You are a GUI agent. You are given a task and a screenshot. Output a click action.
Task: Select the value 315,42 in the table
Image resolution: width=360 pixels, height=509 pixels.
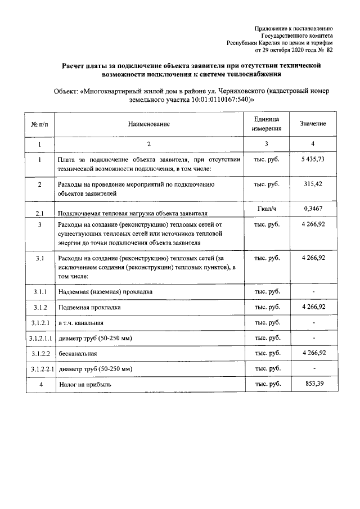click(x=313, y=184)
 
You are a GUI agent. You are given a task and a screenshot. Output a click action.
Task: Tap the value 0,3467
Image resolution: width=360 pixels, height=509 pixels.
click(x=313, y=209)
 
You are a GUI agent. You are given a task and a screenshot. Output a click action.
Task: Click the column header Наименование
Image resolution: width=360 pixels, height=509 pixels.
click(x=148, y=124)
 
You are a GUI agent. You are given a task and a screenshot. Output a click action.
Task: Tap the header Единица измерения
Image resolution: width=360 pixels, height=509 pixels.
click(x=267, y=124)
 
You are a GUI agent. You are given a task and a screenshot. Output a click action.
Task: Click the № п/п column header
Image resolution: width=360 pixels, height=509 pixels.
click(x=39, y=124)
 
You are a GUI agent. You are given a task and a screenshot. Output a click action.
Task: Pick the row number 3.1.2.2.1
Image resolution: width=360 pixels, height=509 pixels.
click(x=40, y=369)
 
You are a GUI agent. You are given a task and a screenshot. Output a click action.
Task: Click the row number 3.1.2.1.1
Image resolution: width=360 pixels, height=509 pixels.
click(x=40, y=338)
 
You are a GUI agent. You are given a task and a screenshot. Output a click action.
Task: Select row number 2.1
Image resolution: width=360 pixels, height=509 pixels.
click(x=39, y=214)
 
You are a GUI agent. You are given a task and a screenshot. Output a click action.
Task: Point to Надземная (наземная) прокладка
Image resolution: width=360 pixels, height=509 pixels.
click(x=105, y=292)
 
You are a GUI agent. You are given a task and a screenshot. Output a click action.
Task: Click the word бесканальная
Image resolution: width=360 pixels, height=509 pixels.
click(x=78, y=354)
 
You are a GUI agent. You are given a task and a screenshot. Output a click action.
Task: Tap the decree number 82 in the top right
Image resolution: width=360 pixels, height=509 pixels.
click(x=330, y=49)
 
